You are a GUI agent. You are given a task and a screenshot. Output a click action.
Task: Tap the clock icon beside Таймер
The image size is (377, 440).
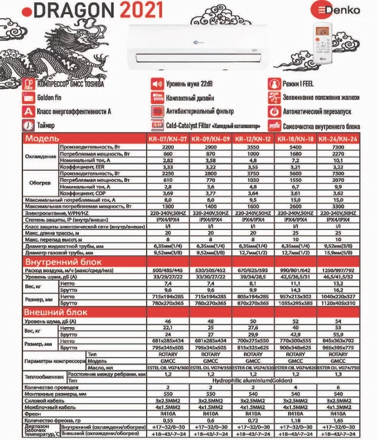click(28, 125)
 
